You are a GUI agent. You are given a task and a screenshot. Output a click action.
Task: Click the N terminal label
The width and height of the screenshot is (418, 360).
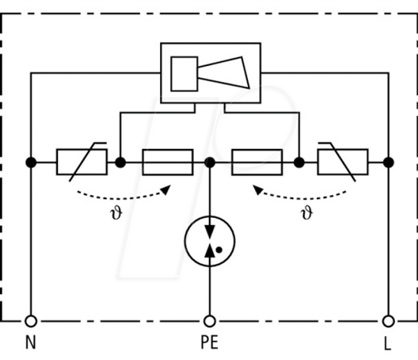[31, 342]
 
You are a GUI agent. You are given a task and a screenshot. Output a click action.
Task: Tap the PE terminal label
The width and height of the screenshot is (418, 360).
[210, 342]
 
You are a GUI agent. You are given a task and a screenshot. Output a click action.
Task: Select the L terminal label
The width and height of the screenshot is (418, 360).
[387, 343]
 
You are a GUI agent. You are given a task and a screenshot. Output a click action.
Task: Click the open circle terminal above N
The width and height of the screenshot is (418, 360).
[31, 321]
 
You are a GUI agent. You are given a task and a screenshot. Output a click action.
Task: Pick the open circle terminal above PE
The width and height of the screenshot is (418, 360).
[210, 321]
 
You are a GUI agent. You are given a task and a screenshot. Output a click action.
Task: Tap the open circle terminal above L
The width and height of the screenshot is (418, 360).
[389, 321]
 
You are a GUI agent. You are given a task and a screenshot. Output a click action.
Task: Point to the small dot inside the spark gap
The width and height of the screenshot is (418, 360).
[219, 250]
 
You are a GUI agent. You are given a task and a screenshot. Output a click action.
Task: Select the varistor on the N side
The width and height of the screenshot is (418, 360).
[82, 162]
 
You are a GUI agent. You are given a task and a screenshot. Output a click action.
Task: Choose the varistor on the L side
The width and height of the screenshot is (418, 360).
[343, 162]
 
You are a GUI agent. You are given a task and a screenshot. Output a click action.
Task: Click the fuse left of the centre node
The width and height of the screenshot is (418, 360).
[168, 162]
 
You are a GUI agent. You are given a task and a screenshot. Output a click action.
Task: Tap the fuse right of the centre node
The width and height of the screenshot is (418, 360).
[257, 162]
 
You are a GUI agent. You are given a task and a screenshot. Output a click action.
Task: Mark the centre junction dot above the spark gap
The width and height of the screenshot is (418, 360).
[210, 162]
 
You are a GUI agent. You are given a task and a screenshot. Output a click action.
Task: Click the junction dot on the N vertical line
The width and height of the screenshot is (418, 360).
[31, 162]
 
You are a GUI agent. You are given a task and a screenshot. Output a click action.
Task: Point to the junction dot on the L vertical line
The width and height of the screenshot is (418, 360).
[389, 162]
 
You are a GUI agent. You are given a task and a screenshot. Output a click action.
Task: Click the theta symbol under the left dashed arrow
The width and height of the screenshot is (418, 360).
[116, 213]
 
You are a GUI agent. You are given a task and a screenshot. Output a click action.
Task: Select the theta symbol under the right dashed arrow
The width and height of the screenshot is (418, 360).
[307, 213]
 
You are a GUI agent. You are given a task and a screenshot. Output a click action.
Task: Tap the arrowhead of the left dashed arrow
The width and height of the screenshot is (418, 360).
[166, 189]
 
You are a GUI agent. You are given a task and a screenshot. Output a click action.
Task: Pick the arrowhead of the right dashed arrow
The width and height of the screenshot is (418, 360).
[258, 189]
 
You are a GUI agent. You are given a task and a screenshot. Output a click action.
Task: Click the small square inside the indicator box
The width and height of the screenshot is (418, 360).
[184, 74]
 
